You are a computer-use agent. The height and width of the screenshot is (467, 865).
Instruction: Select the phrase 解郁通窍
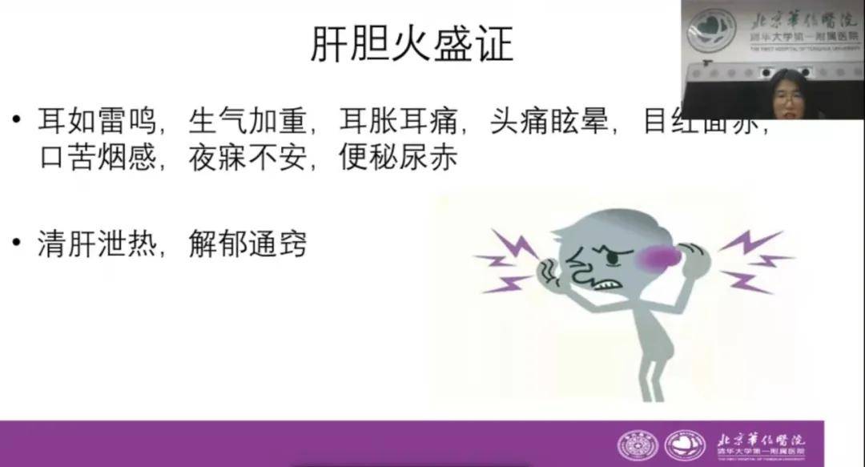tap(249, 244)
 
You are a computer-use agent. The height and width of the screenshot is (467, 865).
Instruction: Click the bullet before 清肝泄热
tap(18, 243)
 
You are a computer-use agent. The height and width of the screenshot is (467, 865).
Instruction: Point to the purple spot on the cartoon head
tap(658, 256)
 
